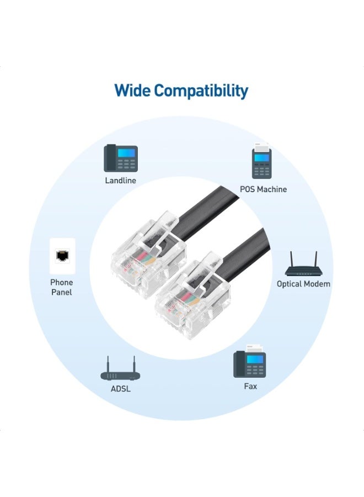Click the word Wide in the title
[131, 91]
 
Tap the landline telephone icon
[121, 158]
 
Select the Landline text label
[121, 181]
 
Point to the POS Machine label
[263, 189]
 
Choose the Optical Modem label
[303, 284]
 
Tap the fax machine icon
[250, 361]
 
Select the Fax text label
[250, 386]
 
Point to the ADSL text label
[120, 389]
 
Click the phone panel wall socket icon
[62, 256]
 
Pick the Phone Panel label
[62, 287]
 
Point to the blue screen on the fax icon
[254, 359]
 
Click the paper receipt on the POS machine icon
[261, 147]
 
